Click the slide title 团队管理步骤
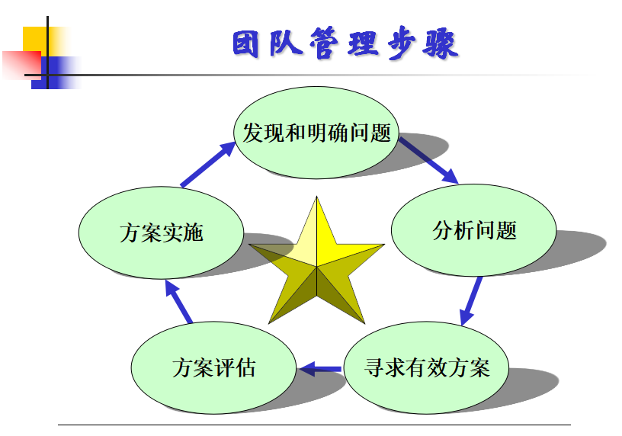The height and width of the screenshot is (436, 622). tap(345, 43)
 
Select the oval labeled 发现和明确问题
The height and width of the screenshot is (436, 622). tap(316, 133)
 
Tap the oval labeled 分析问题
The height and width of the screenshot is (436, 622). tap(473, 230)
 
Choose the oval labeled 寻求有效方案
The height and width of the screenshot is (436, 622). tap(426, 367)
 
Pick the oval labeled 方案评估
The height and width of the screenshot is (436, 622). tap(213, 367)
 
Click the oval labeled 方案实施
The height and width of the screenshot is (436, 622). tap(161, 233)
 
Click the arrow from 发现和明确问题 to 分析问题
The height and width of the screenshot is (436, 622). tap(428, 161)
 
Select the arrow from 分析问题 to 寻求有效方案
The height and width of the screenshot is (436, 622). tap(471, 302)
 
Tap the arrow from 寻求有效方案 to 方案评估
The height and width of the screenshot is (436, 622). tap(319, 370)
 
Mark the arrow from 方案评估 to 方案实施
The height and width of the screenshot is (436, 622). tap(178, 301)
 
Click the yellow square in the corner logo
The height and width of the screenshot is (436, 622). tap(37, 40)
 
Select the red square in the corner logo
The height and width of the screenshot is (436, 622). tap(22, 65)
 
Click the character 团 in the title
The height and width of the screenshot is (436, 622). tap(245, 43)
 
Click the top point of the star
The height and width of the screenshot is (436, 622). tap(316, 197)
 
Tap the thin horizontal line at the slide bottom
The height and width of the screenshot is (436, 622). tap(314, 425)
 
